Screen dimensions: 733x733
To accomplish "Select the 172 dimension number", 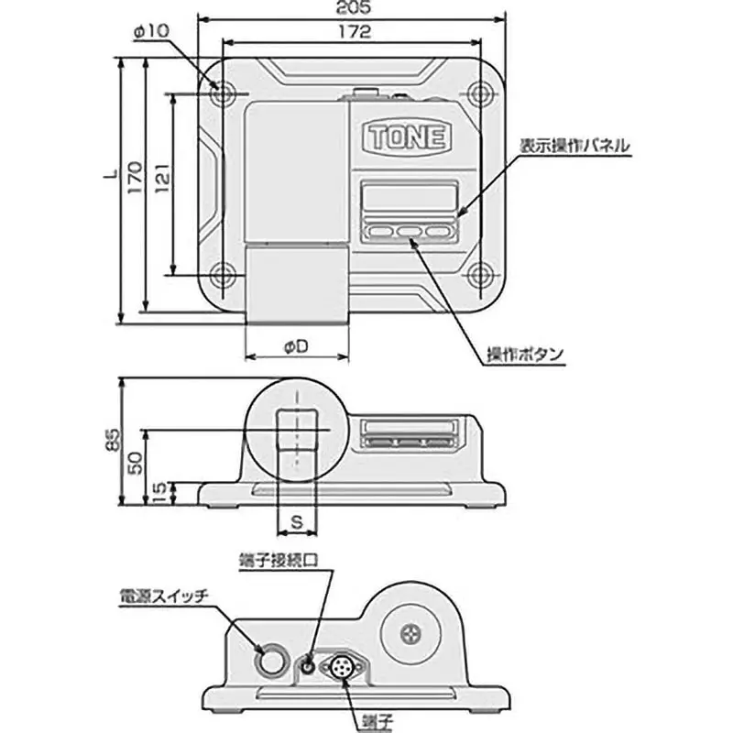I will (352, 32).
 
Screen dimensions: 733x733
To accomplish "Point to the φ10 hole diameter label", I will (150, 32).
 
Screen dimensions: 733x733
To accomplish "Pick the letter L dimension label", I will (109, 172).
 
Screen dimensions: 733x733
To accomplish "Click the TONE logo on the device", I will (407, 137).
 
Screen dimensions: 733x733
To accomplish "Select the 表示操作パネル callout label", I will (574, 147).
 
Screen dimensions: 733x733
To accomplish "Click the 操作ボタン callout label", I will (525, 355).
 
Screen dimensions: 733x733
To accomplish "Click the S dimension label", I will (296, 522).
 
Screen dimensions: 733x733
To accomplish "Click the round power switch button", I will (270, 658).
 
